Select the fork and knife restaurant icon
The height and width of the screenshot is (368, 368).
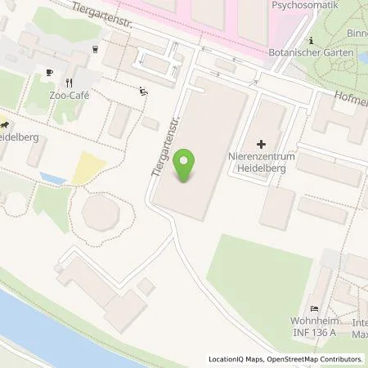69,82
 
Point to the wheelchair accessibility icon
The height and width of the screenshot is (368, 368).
145,92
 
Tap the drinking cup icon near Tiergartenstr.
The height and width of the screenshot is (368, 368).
96,49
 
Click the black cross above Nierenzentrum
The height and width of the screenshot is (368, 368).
262,144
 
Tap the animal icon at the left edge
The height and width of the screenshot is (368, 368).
4,124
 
